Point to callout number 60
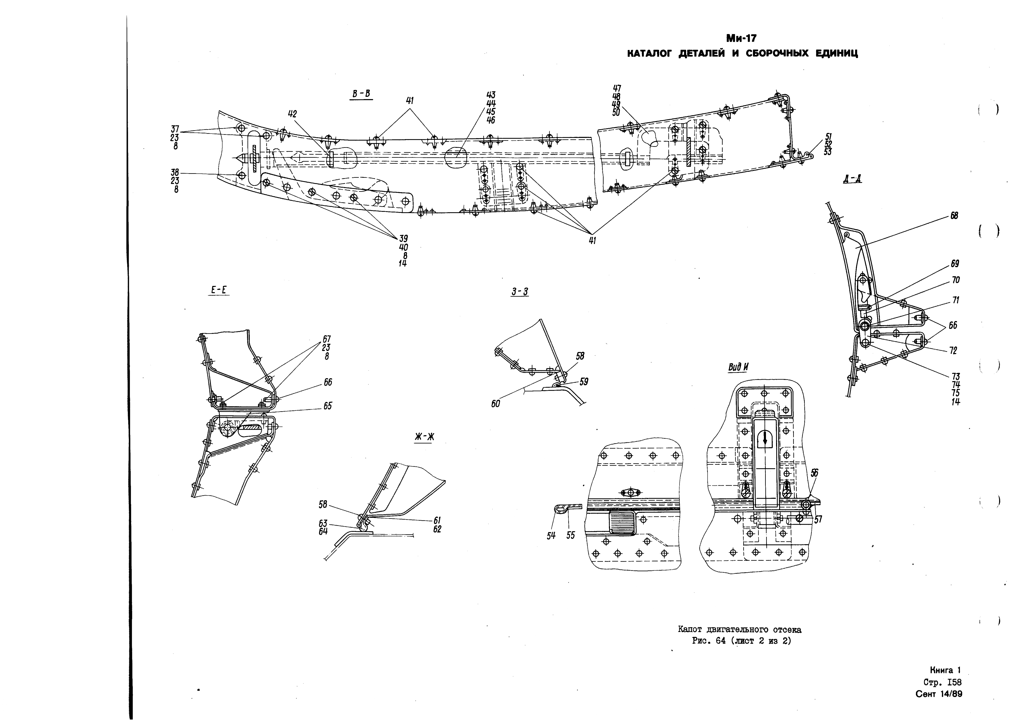(x=496, y=404)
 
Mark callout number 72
(x=953, y=351)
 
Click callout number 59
(x=584, y=382)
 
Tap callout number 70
(x=955, y=280)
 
